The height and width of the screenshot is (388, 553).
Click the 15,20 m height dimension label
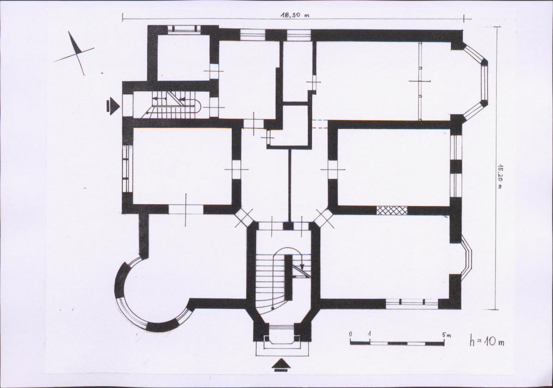click(x=500, y=176)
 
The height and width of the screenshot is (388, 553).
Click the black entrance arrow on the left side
click(x=113, y=106)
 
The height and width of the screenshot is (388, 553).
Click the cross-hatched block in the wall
click(x=392, y=210)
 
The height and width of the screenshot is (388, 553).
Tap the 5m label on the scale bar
click(x=446, y=335)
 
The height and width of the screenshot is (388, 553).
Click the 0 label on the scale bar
click(x=350, y=334)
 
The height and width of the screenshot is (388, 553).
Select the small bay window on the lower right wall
click(x=466, y=257)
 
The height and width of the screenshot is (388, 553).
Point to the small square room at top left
click(x=183, y=58)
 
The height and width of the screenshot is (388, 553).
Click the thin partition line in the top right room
click(x=420, y=81)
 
